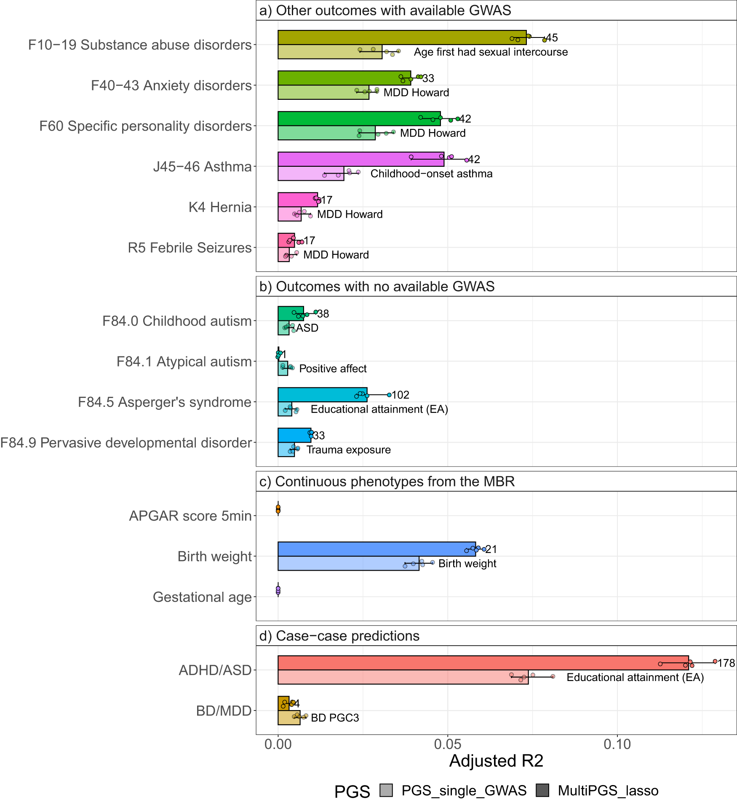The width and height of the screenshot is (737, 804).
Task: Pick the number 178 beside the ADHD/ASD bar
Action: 726,663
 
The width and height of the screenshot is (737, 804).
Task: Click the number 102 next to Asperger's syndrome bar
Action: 401,395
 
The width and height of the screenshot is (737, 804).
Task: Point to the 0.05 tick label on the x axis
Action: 447,744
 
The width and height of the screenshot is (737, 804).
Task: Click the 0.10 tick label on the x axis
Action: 617,744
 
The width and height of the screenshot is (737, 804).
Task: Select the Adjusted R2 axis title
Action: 496,761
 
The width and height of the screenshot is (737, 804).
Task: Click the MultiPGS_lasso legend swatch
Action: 542,791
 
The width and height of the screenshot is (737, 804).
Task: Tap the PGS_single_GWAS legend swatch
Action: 386,791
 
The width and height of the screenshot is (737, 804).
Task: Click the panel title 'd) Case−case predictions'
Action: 339,636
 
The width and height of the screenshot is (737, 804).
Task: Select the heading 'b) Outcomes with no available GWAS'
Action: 377,286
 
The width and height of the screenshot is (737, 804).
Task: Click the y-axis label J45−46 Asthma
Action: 202,166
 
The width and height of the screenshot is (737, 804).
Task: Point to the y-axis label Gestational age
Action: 202,597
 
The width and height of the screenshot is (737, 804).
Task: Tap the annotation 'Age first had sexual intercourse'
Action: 491,52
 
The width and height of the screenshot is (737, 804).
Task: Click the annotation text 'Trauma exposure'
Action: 348,450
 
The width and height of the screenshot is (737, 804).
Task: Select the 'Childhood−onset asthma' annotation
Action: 431,174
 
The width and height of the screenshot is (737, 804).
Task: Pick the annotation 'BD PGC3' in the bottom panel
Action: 335,718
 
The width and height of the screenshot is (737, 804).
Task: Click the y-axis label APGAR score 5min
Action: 190,516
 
